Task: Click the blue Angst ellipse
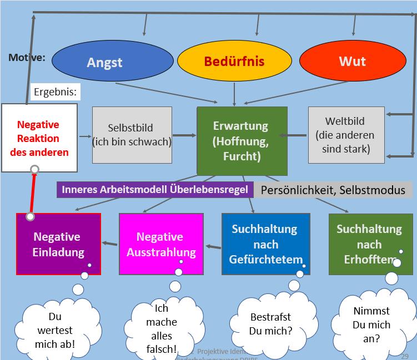click(x=104, y=62)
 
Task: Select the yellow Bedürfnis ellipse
click(x=234, y=62)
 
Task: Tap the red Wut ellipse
click(x=352, y=61)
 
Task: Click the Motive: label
click(x=27, y=58)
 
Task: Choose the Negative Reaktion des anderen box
click(x=38, y=138)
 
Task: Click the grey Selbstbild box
click(x=132, y=135)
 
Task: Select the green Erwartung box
click(x=242, y=141)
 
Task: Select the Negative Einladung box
click(x=58, y=244)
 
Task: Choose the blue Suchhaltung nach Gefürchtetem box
click(x=265, y=244)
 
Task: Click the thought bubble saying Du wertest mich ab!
click(x=54, y=331)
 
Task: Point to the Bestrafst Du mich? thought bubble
click(x=270, y=325)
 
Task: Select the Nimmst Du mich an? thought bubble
click(x=371, y=324)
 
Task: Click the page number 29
click(x=405, y=349)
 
